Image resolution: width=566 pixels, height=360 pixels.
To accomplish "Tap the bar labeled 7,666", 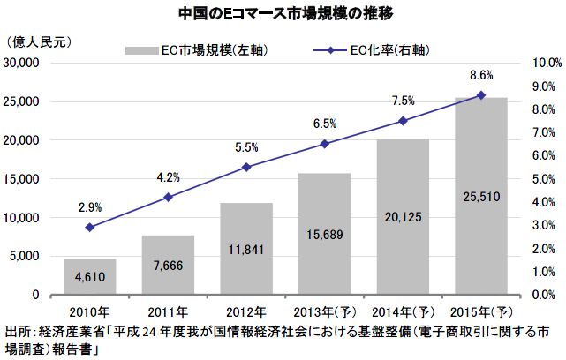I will click(168, 265).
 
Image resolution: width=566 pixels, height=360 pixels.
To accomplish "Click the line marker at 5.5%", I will click(246, 167).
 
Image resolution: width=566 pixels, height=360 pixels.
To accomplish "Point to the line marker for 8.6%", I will click(481, 95).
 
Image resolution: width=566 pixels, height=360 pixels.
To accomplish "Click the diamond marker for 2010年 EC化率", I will click(89, 227).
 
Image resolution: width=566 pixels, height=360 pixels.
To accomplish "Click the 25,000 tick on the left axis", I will click(34, 102).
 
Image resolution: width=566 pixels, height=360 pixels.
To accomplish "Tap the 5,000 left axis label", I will click(37, 257).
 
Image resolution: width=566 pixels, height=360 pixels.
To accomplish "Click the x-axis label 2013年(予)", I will click(324, 310).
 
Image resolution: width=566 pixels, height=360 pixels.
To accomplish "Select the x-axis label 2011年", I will click(168, 310).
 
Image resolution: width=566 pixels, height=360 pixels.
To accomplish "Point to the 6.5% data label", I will click(324, 124).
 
